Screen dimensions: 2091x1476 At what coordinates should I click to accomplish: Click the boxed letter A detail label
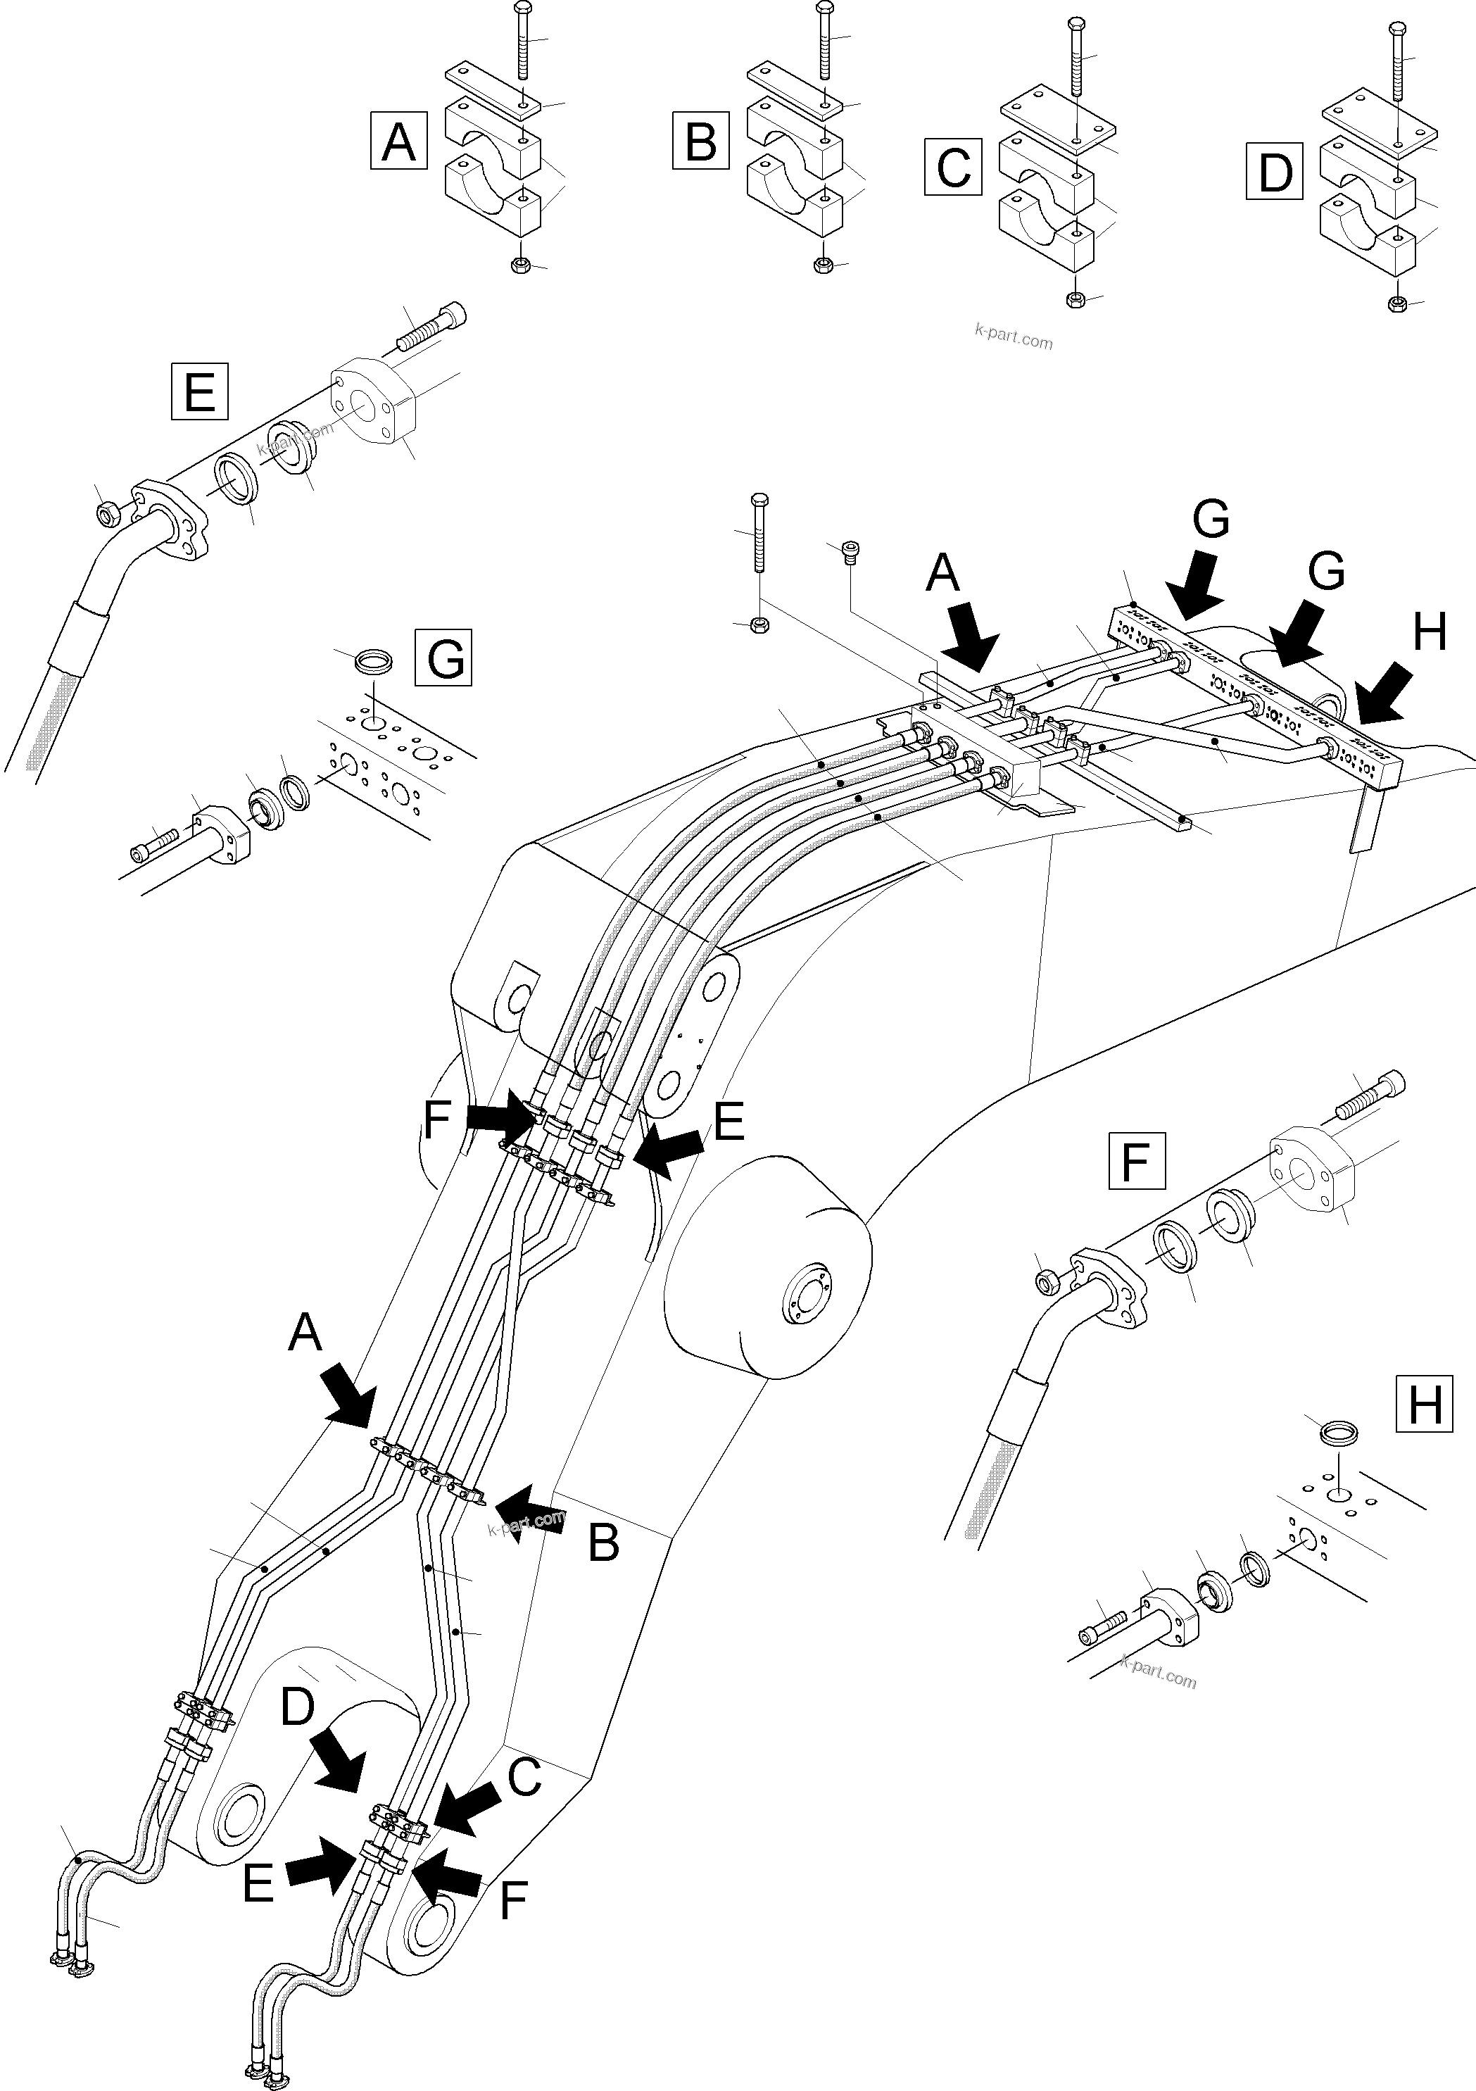pos(399,142)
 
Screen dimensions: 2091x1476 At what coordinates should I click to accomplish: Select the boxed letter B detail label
pos(700,142)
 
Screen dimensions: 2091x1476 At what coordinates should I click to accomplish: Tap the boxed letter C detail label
pos(952,167)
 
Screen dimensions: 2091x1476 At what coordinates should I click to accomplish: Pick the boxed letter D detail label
pos(1274,171)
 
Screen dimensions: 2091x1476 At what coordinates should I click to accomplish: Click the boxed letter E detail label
pos(199,391)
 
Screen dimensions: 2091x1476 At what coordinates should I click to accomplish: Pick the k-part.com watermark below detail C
pos(1013,339)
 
